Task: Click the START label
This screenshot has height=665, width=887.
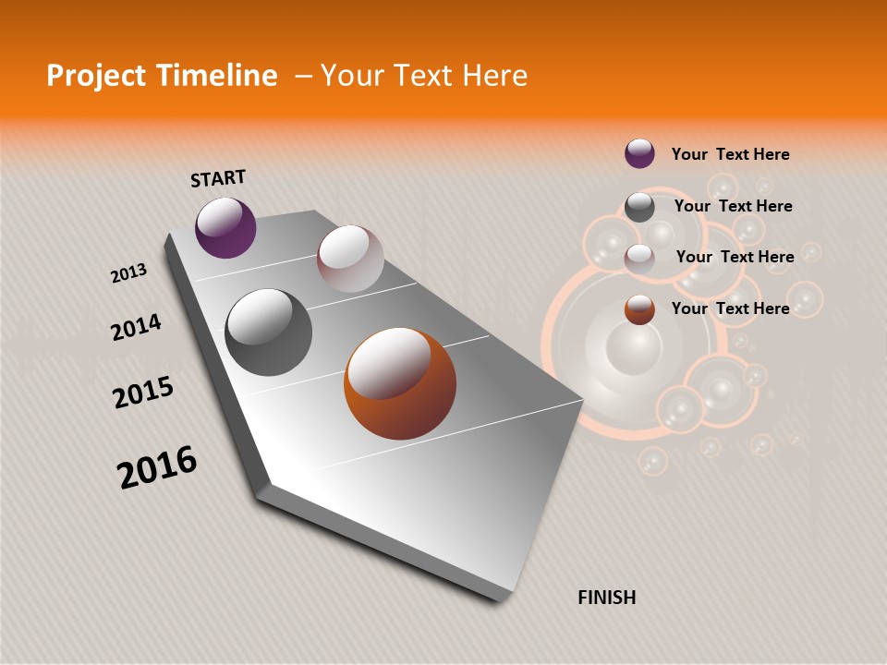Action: point(218,178)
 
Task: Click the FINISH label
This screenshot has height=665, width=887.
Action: point(606,598)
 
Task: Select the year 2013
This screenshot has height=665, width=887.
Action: point(128,273)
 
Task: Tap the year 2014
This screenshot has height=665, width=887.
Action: point(136,327)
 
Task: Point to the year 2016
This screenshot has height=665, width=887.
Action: point(157,467)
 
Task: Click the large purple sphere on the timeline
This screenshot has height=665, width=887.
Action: point(225,227)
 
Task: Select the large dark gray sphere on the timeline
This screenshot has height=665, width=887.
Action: point(268,332)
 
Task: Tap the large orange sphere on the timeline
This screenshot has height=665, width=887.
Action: point(400,383)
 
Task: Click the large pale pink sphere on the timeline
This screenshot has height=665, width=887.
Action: point(350,259)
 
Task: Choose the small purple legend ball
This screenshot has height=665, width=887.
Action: point(639,153)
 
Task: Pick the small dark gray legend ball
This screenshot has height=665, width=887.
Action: point(639,207)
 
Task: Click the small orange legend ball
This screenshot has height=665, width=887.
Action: point(639,309)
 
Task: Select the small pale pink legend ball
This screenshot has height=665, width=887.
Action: point(639,259)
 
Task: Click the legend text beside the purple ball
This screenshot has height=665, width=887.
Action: point(730,154)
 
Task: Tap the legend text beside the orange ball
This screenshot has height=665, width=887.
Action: point(730,308)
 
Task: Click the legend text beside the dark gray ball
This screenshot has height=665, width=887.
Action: point(733,206)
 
